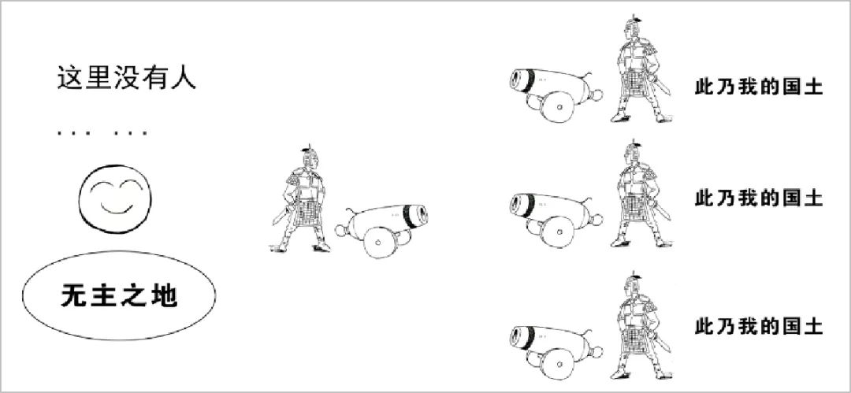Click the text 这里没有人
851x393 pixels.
coord(126,79)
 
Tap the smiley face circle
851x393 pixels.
coord(115,200)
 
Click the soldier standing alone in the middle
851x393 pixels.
coord(301,200)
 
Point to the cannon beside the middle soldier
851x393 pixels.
coord(381,230)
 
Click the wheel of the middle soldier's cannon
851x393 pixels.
coord(379,242)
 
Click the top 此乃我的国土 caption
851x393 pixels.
coord(759,87)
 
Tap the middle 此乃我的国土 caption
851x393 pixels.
coord(759,198)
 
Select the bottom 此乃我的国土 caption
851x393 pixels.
coord(759,327)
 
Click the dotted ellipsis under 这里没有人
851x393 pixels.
coord(102,132)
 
